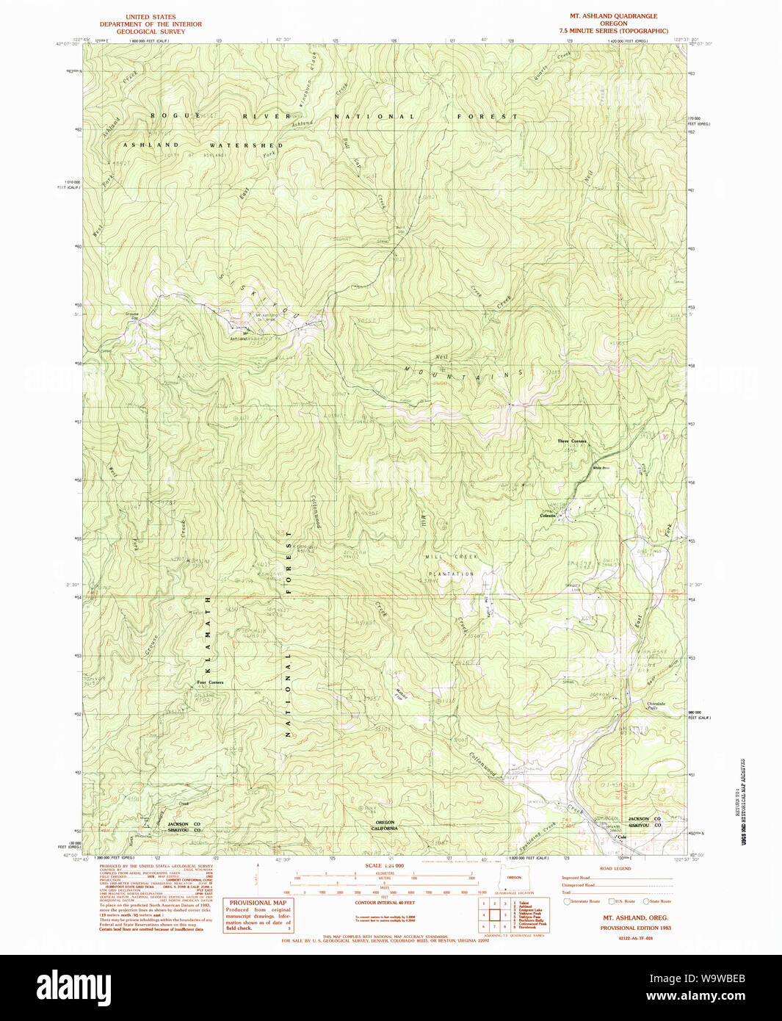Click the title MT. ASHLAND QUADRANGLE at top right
click(x=613, y=16)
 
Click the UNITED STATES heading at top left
click(x=151, y=17)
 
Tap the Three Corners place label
click(x=571, y=441)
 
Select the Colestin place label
click(x=548, y=516)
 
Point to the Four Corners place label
click(x=210, y=682)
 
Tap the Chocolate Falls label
click(x=656, y=705)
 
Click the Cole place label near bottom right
click(x=622, y=837)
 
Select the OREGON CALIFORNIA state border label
click(x=385, y=825)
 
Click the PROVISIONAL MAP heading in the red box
click(x=258, y=903)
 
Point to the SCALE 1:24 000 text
click(x=384, y=866)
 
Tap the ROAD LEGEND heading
click(x=615, y=868)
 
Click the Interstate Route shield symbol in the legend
click(x=567, y=901)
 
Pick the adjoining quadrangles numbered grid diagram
click(x=494, y=914)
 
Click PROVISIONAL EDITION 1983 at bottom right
click(x=635, y=928)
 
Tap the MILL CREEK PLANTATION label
click(x=451, y=565)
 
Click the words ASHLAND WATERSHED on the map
click(x=203, y=145)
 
